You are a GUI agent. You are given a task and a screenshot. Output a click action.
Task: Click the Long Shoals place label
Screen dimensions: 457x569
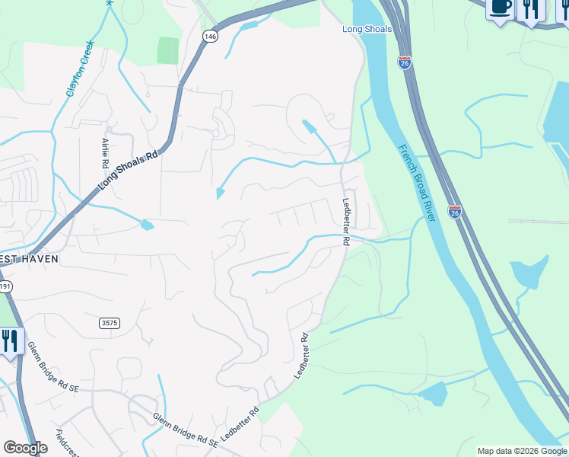367,29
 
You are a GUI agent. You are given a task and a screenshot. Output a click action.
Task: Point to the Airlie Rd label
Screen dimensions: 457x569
105,153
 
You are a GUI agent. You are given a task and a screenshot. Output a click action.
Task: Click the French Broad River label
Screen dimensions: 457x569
417,183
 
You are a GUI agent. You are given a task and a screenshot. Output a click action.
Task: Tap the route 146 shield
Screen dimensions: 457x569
210,36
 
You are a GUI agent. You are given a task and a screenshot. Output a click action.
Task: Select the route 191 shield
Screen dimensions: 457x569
4,286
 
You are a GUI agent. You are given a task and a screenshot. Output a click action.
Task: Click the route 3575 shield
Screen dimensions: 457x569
110,323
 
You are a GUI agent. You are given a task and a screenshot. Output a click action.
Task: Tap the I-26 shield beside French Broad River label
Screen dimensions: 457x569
454,212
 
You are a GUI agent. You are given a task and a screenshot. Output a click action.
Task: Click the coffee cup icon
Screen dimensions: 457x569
500,8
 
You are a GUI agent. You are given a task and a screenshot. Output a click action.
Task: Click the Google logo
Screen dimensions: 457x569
25,448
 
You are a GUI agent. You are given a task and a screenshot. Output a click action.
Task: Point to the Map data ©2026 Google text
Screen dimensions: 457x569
522,451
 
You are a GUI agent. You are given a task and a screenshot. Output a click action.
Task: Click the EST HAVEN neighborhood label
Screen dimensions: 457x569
29,258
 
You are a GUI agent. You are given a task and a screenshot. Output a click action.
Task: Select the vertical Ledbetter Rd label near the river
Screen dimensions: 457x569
346,222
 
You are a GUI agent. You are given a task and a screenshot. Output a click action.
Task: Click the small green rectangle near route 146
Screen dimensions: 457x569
167,50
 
